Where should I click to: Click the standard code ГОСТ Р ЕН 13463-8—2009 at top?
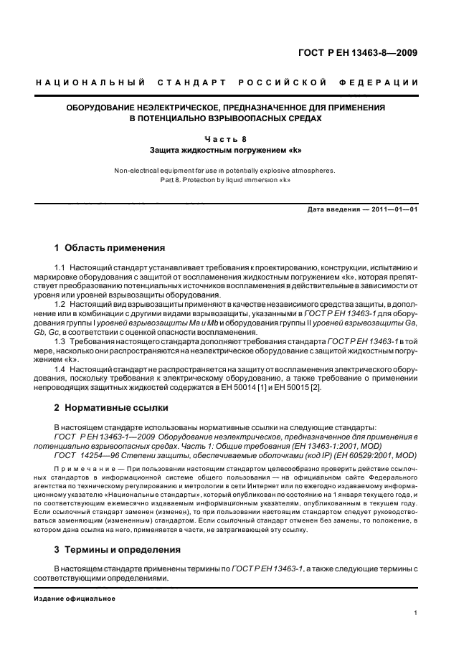click(359, 52)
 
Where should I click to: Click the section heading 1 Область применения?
click(110, 248)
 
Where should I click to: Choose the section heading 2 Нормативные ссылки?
click(111, 408)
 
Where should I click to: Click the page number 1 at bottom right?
click(416, 613)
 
